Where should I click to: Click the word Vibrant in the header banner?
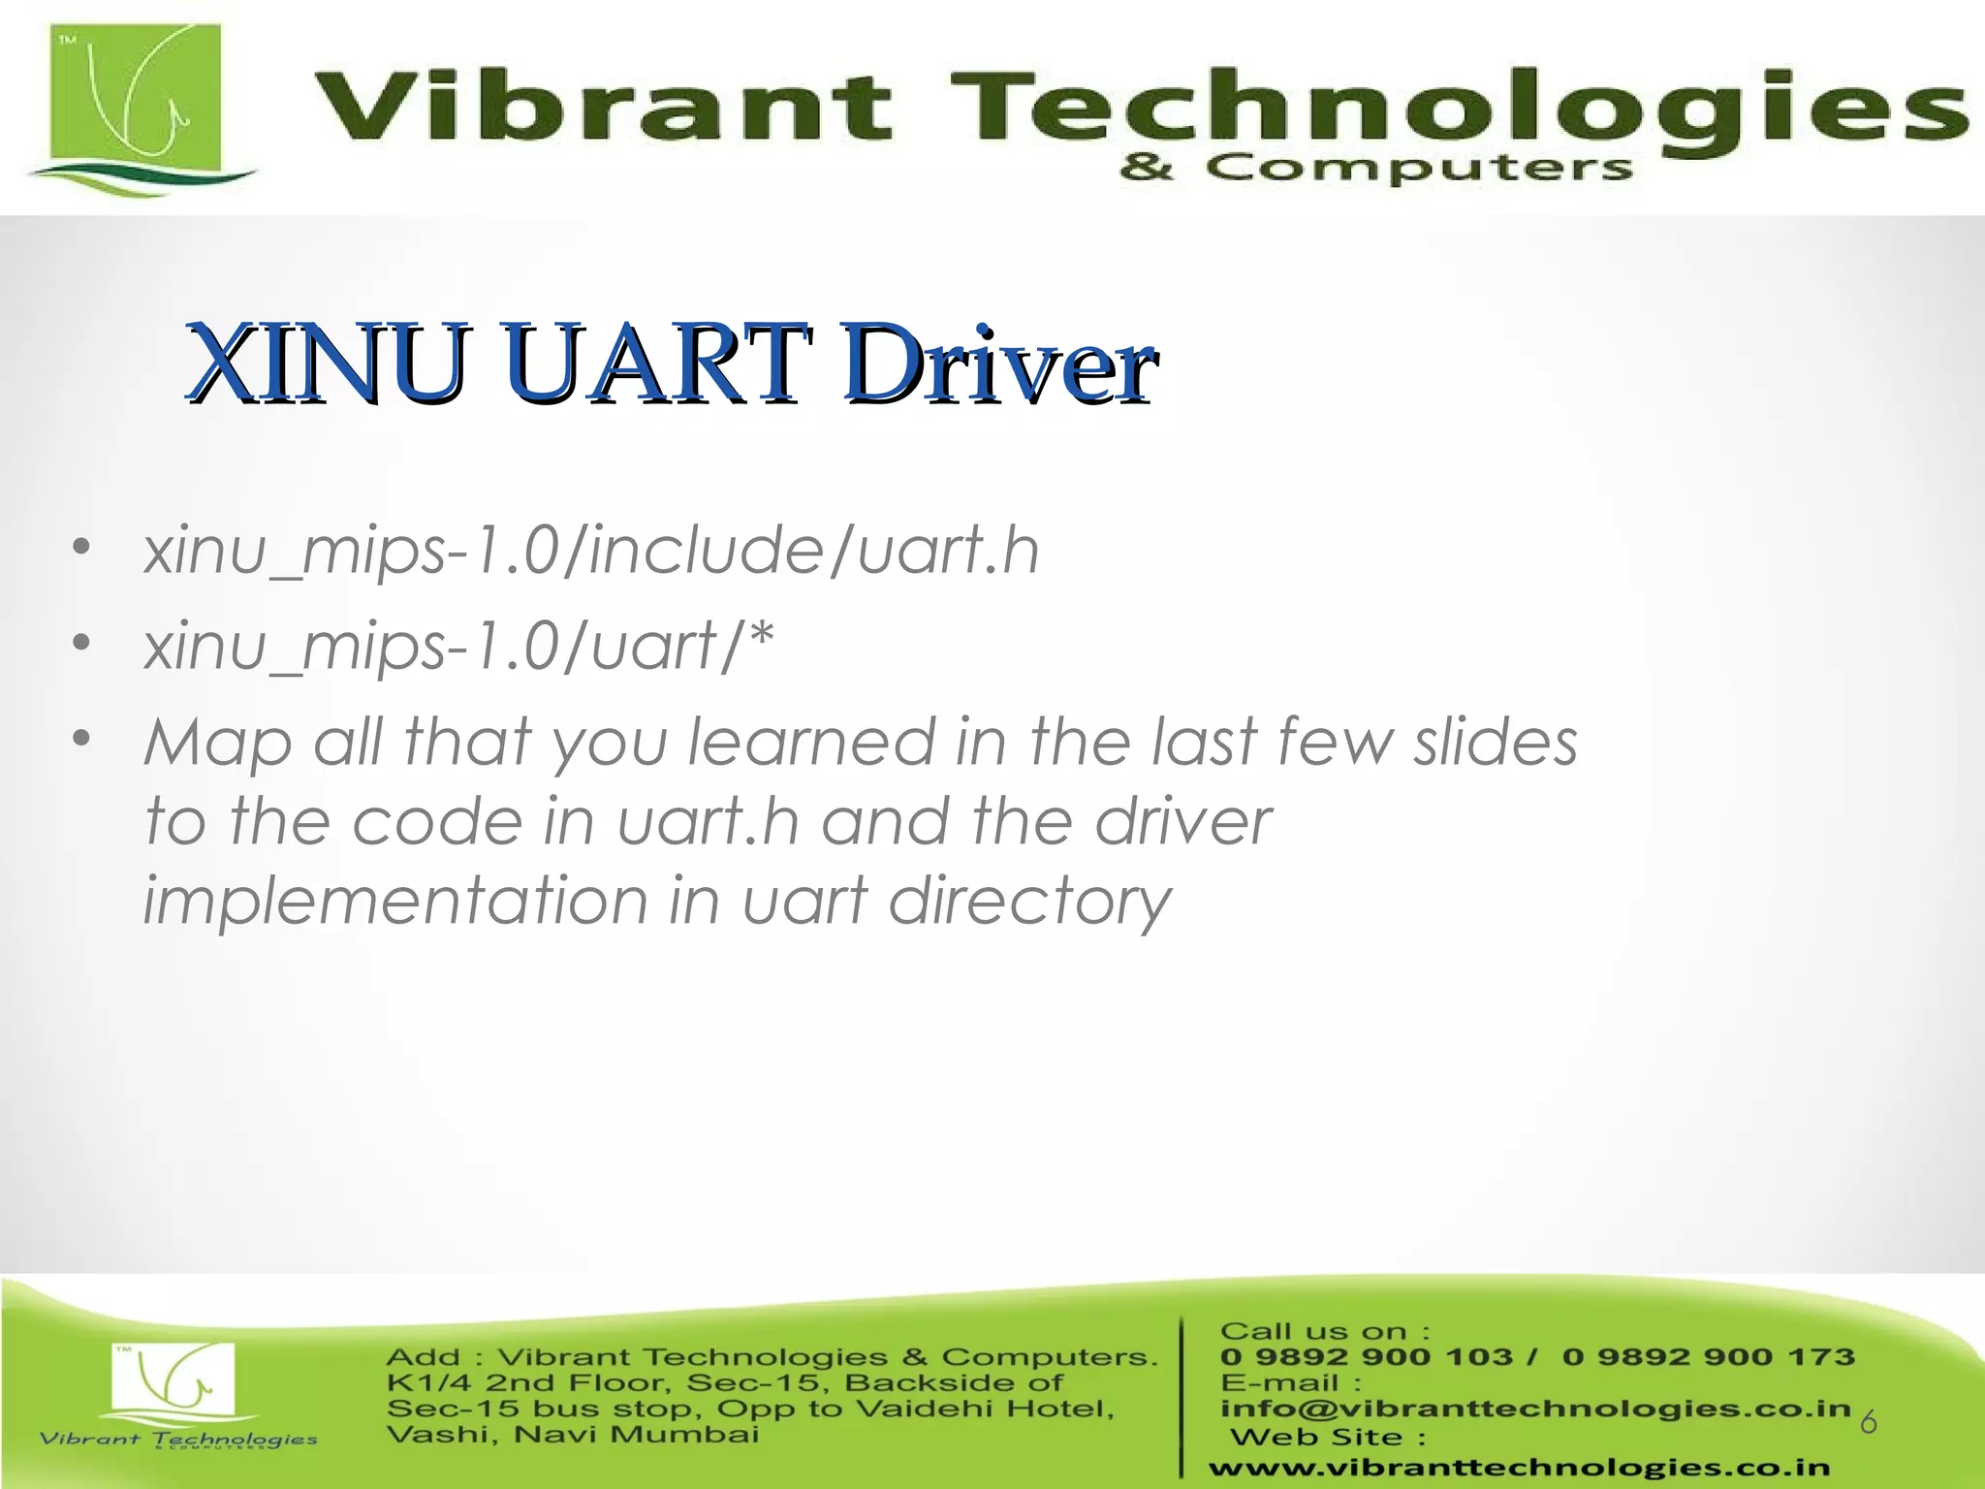(x=601, y=107)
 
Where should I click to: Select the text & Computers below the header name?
(x=1376, y=168)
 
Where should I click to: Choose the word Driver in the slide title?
(x=998, y=364)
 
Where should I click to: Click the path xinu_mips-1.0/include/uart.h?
(x=591, y=551)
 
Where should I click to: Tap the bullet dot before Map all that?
(x=81, y=740)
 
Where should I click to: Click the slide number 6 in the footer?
(x=1868, y=1423)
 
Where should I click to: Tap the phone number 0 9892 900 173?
(x=1708, y=1357)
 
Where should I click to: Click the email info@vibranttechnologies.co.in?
(x=1535, y=1409)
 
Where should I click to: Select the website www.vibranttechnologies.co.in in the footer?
(x=1519, y=1468)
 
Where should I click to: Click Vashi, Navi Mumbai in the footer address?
(x=572, y=1435)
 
